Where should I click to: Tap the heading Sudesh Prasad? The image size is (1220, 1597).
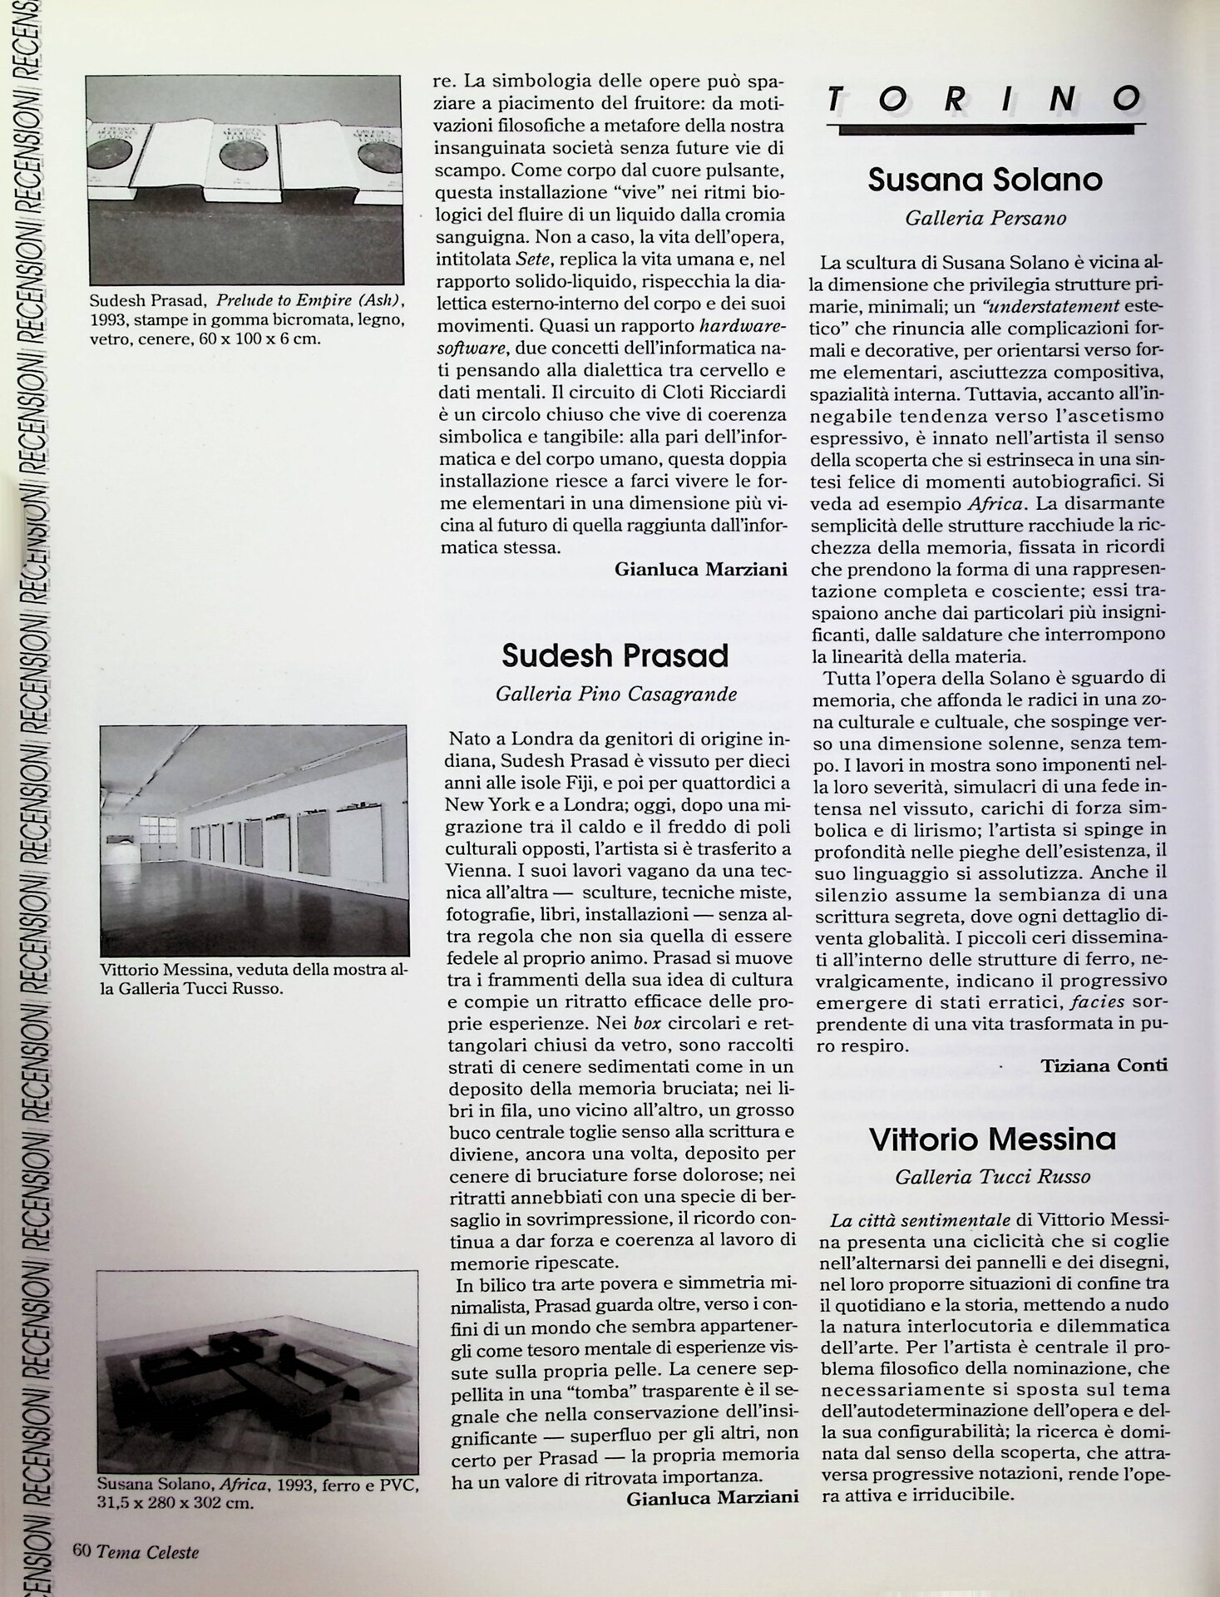coord(615,656)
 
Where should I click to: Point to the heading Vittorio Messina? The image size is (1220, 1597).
coord(992,1140)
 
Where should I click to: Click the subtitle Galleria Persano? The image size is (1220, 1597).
coord(985,219)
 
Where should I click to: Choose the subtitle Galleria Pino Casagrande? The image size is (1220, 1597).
coord(615,694)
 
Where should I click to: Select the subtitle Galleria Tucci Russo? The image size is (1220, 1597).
coord(992,1177)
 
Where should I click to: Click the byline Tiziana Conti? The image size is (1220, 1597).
coord(1104,1065)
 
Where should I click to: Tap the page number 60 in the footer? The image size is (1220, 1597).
coord(81,1550)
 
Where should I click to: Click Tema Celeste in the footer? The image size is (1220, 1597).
coord(147,1551)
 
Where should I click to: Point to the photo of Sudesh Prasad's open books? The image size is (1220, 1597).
coord(245,180)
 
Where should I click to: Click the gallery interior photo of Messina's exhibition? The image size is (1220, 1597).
coord(254,840)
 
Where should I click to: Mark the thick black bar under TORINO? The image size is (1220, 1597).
coord(986,129)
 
